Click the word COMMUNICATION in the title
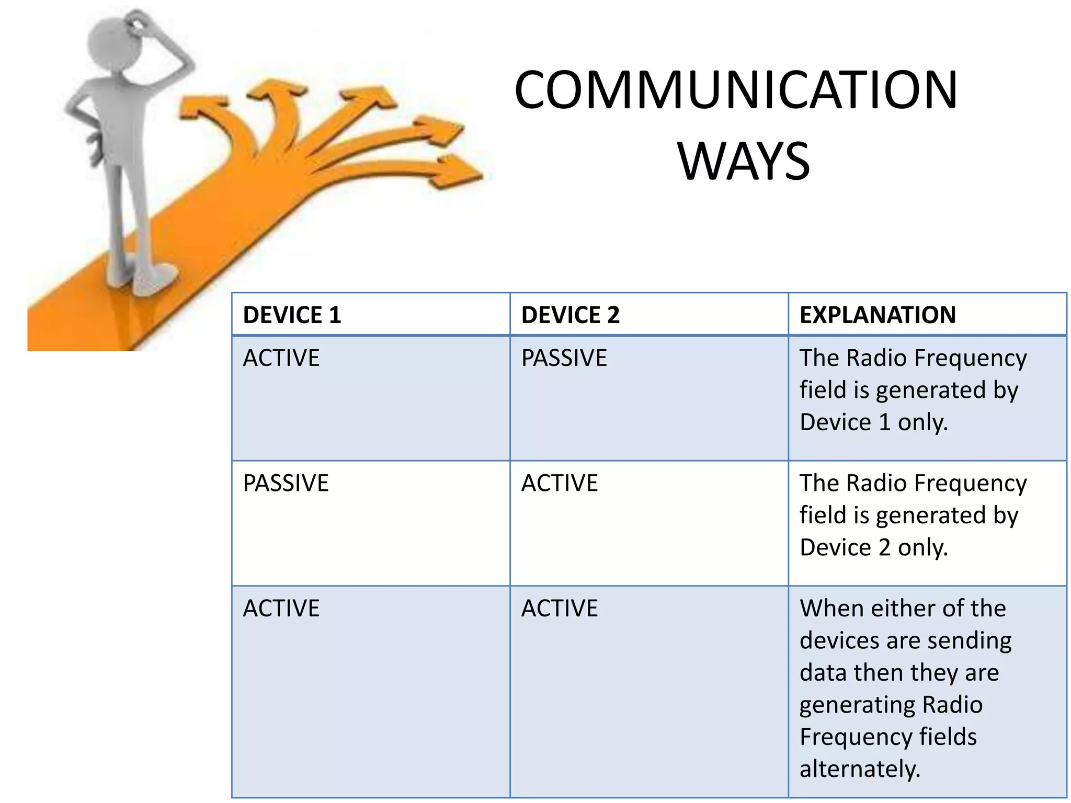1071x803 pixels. (x=735, y=90)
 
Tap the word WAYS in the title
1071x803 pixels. (x=743, y=162)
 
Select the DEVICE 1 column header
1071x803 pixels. (x=292, y=315)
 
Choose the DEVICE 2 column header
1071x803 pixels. (x=570, y=315)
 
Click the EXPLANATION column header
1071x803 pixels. (x=878, y=315)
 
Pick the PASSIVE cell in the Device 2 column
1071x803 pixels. (x=564, y=358)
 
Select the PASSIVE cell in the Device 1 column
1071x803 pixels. (x=286, y=483)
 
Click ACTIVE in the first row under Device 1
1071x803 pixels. (x=281, y=358)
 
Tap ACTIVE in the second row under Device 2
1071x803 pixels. (x=560, y=483)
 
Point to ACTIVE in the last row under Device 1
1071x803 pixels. (x=281, y=609)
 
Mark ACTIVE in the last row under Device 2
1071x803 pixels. (x=560, y=609)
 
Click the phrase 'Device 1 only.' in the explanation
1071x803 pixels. (x=873, y=422)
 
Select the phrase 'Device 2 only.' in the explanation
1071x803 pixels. (x=873, y=548)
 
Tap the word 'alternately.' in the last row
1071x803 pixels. (x=860, y=769)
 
